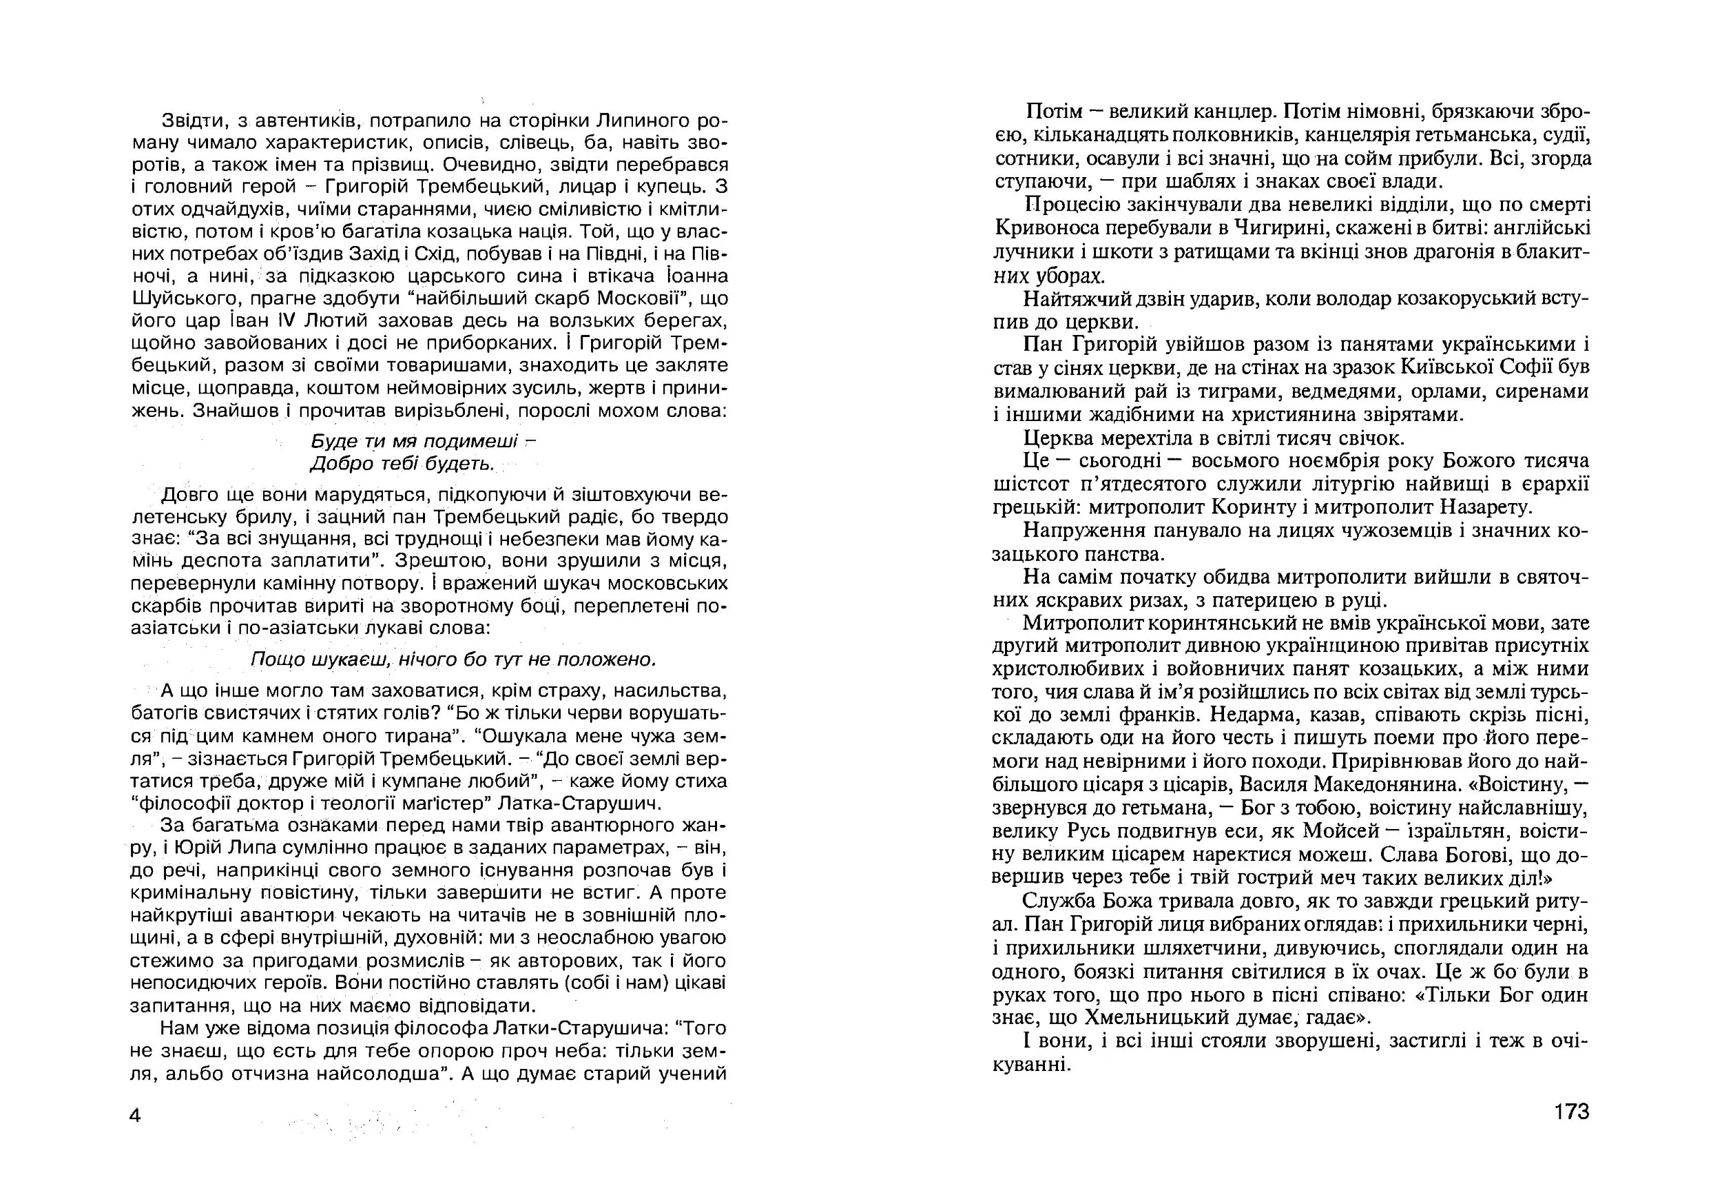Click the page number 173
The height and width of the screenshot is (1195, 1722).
tap(1571, 1111)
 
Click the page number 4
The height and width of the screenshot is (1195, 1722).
tap(135, 1116)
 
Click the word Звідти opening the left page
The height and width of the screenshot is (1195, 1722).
tap(187, 120)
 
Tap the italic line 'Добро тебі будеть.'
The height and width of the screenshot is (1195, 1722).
tap(403, 464)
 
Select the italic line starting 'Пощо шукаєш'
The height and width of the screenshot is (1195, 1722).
tap(453, 659)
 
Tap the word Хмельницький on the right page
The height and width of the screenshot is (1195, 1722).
tap(1156, 1017)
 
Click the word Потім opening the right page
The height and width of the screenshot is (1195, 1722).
tap(1055, 112)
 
